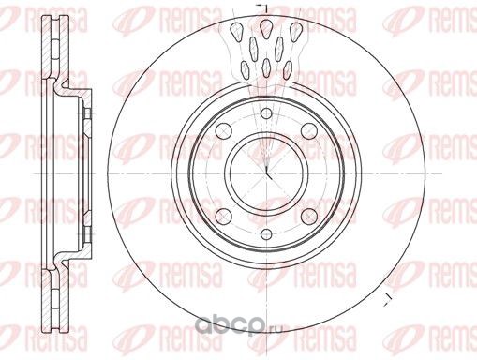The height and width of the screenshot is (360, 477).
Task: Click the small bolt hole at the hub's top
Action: click(x=266, y=113)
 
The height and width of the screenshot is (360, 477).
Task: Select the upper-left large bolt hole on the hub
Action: click(x=224, y=130)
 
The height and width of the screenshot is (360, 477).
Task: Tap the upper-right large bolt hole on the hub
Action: click(x=309, y=130)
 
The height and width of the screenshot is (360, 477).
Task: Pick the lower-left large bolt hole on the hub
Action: click(x=224, y=216)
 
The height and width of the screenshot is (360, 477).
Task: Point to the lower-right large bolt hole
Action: click(x=309, y=216)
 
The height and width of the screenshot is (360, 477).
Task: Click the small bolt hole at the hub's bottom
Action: click(x=266, y=233)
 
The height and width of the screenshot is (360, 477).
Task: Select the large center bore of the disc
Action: click(x=266, y=173)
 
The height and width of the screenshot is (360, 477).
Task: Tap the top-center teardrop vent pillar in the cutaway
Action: click(x=266, y=28)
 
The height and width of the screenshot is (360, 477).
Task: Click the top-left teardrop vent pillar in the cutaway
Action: click(x=237, y=32)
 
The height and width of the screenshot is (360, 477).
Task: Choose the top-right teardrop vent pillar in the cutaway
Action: click(x=295, y=32)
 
